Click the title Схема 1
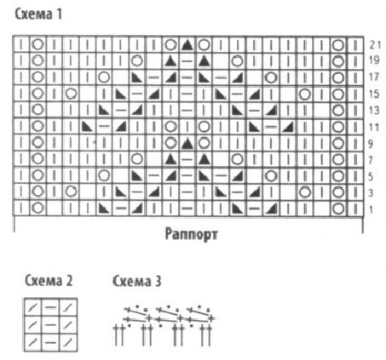tap(38, 14)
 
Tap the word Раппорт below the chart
tap(192, 235)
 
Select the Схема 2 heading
tap(49, 281)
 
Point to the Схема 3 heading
tap(137, 281)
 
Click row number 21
tap(375, 44)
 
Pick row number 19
tap(374, 60)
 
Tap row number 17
tap(374, 77)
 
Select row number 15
tap(374, 94)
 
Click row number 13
tap(374, 110)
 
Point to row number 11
tap(374, 127)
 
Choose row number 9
tap(371, 144)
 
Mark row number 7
tap(371, 160)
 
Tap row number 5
tap(371, 177)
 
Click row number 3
tap(371, 193)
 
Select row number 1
tap(371, 209)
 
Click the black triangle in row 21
tap(187, 45)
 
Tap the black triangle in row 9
tap(187, 144)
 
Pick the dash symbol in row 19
tap(187, 60)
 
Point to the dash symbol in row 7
tap(187, 159)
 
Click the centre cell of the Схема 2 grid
tap(50, 324)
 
